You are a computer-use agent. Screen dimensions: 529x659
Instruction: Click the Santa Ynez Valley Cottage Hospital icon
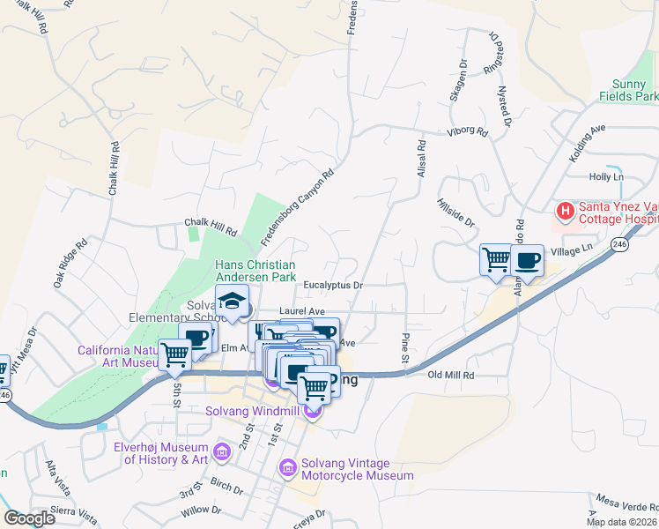pos(565,212)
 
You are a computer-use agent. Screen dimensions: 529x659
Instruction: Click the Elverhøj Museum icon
pos(220,452)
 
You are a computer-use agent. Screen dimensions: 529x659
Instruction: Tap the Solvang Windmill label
pos(254,411)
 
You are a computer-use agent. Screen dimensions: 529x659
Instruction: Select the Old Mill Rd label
pos(451,375)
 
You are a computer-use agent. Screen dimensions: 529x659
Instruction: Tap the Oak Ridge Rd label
pos(70,263)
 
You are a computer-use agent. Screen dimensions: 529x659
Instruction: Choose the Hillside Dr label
pos(455,212)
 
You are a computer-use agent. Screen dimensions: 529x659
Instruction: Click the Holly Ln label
pos(606,176)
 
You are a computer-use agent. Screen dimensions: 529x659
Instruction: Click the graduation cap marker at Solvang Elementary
pos(233,302)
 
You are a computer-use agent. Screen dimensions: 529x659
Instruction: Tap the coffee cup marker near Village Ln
pos(527,260)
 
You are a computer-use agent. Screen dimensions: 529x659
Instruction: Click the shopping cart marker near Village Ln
pos(496,260)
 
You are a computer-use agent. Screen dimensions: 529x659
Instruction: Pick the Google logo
pos(30,518)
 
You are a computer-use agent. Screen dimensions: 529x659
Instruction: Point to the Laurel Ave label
pos(302,311)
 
